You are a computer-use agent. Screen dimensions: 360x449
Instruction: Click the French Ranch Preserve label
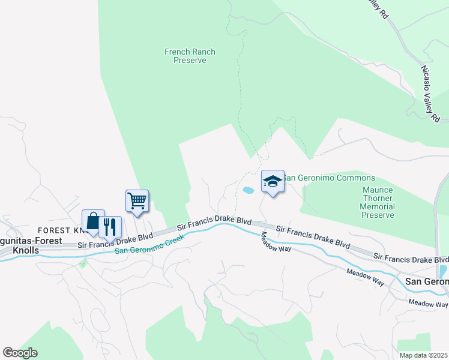[190, 56]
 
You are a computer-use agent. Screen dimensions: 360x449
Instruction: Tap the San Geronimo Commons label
[329, 178]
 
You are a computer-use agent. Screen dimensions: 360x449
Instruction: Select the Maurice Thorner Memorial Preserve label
[378, 202]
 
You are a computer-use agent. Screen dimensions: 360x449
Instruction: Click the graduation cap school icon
[273, 181]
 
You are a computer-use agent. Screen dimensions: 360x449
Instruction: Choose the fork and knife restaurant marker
[110, 227]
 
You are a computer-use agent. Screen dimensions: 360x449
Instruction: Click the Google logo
[20, 353]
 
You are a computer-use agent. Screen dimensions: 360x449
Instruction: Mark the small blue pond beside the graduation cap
[248, 191]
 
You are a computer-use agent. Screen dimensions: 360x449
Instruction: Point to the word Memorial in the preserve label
[378, 206]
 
